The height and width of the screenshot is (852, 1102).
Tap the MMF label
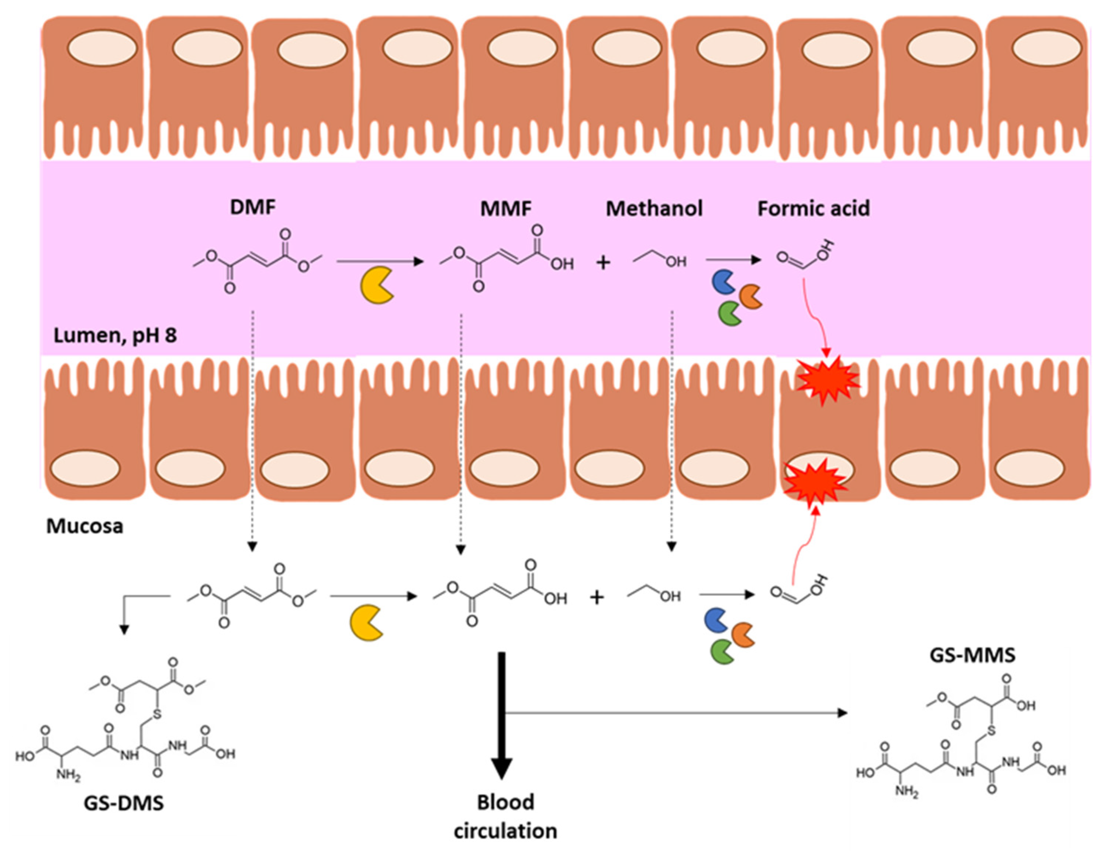pos(505,209)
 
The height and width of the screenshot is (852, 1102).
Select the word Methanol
pos(654,209)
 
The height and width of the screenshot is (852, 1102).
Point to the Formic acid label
pos(813,209)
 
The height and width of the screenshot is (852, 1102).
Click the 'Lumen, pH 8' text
pos(115,335)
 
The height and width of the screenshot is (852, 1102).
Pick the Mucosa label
pos(85,526)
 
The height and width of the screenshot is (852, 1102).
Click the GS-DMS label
pos(124,803)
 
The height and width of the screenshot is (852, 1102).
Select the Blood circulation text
pos(505,816)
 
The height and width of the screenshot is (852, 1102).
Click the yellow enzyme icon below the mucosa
pos(366,624)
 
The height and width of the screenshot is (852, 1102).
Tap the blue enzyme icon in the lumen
pos(723,283)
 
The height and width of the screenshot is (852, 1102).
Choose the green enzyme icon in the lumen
pos(730,313)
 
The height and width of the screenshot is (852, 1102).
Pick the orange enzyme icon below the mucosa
pos(743,635)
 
